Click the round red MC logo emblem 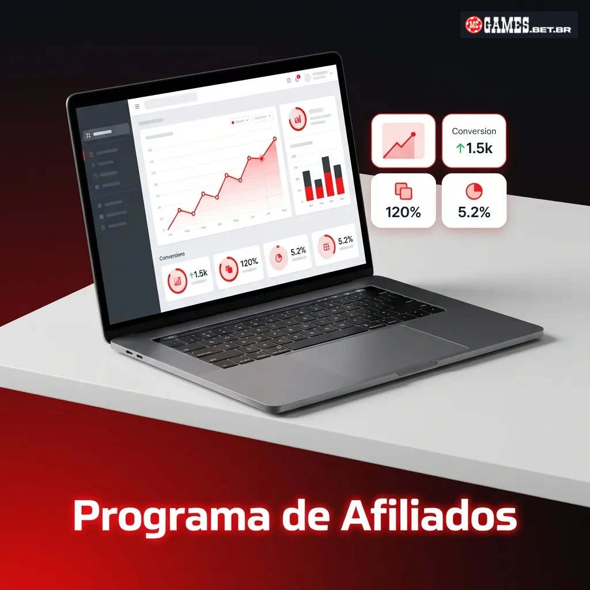474,25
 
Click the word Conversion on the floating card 474,131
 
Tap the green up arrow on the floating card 460,149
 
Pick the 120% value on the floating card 403,212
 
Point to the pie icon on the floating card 474,191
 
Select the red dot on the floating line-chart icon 413,134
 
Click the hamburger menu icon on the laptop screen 137,107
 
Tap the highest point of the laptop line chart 274,139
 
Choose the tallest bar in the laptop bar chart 326,176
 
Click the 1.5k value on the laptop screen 200,274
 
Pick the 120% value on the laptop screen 249,263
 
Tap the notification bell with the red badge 297,79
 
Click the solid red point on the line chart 262,158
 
